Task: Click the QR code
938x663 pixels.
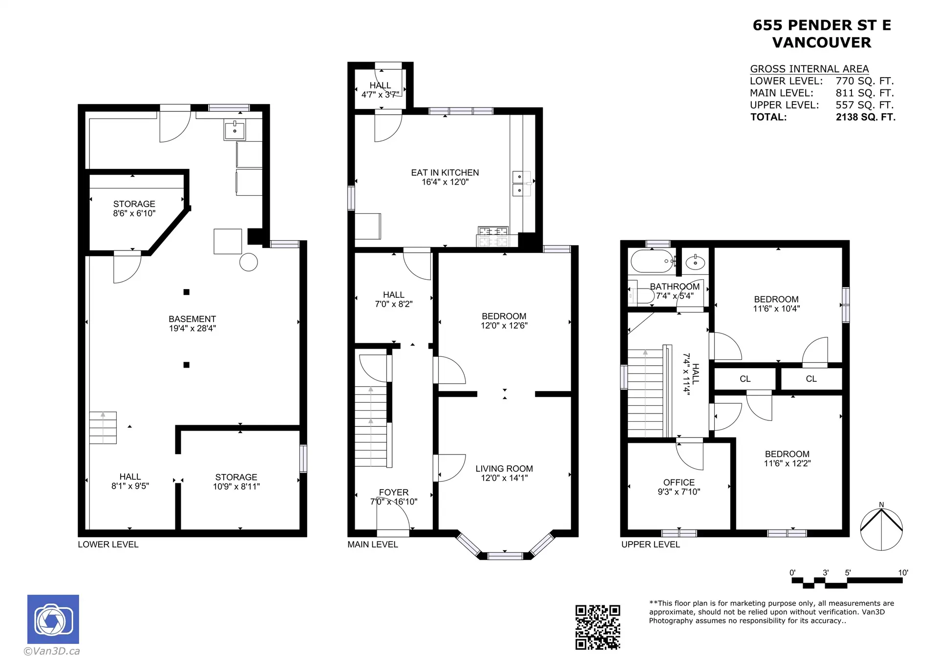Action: pos(597,627)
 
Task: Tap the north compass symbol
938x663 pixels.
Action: pos(881,529)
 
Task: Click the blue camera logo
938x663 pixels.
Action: pos(53,619)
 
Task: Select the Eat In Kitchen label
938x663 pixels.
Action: pos(445,172)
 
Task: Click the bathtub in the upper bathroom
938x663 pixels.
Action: pos(652,261)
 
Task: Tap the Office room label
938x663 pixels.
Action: pos(679,482)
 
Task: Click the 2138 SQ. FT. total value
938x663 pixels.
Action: pos(865,117)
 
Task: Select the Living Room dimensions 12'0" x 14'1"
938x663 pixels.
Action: pos(504,478)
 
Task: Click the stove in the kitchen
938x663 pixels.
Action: pos(493,237)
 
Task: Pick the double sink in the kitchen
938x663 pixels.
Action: pos(521,183)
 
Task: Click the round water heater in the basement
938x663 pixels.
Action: pos(248,262)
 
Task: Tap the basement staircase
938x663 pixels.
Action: pos(103,428)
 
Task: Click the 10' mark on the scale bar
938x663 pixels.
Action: pos(902,573)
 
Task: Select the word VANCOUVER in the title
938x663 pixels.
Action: pos(821,42)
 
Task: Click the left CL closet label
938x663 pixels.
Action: pos(745,379)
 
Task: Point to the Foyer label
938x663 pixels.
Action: pos(393,492)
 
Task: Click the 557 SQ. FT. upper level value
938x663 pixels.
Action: pos(864,105)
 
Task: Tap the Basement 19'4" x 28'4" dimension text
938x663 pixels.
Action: pos(192,329)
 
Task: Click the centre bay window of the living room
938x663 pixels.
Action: pos(505,555)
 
